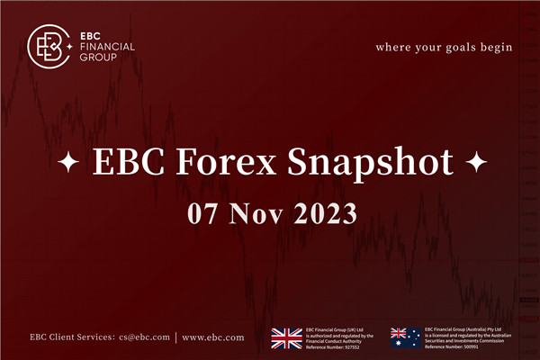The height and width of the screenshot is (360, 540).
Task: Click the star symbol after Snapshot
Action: (475, 166)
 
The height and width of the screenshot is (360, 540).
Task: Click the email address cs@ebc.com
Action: (144, 338)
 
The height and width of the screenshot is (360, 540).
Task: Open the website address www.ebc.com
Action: (212, 338)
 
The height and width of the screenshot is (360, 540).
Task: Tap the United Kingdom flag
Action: (286, 337)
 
